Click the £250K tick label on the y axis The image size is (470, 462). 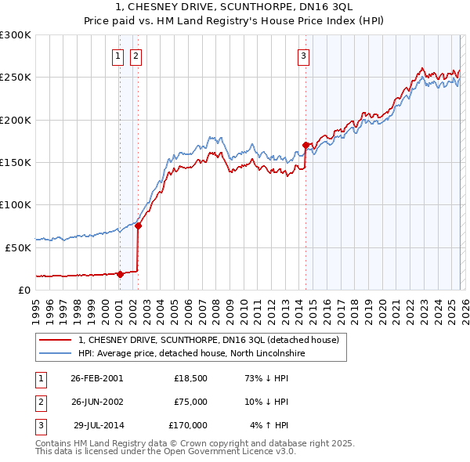coord(16,78)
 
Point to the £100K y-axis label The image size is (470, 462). coord(16,204)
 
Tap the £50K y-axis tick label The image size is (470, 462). coord(19,247)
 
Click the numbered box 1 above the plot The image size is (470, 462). coord(118,56)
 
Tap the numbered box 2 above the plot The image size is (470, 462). coord(136,56)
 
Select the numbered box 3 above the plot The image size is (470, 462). coord(303,56)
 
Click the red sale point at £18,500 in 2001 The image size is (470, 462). coord(120,274)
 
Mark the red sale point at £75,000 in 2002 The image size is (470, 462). coord(138,226)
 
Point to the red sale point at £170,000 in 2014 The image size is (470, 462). coord(305,145)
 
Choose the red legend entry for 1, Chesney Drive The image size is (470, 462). coord(208,340)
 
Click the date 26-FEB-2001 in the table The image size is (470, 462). coord(96,377)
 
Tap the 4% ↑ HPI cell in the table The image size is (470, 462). coord(269,425)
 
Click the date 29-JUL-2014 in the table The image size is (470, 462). coord(98,425)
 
